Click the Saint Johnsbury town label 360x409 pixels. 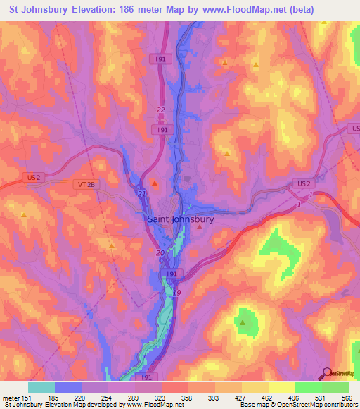point(181,219)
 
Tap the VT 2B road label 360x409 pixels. point(82,184)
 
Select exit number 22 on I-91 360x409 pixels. point(161,110)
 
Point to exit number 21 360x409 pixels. point(142,193)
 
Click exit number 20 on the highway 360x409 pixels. point(160,253)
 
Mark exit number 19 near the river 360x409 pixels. point(177,293)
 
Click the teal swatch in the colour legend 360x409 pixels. point(41,387)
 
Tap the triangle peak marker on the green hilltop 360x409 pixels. point(243,323)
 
